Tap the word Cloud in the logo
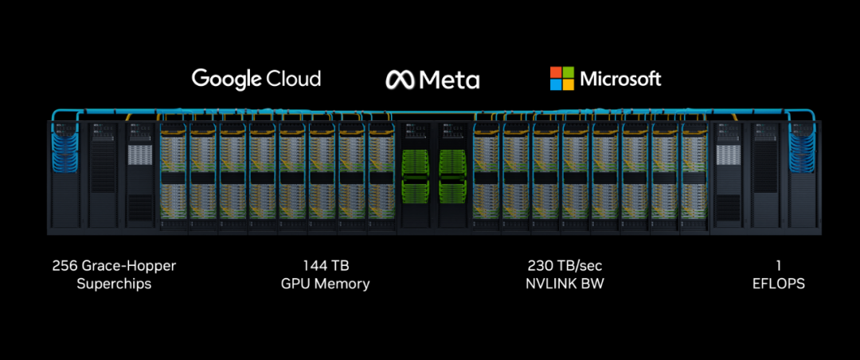point(293,78)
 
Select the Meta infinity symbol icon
point(401,80)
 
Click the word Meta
point(449,80)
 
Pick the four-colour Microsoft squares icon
point(562,79)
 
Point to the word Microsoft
point(621,79)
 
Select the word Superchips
point(114,285)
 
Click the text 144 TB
point(326,266)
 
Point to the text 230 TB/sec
point(565,266)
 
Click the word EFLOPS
point(779,284)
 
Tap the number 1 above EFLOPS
point(778,266)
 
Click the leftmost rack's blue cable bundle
point(64,147)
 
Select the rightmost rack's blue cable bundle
point(802,147)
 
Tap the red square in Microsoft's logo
point(556,72)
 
